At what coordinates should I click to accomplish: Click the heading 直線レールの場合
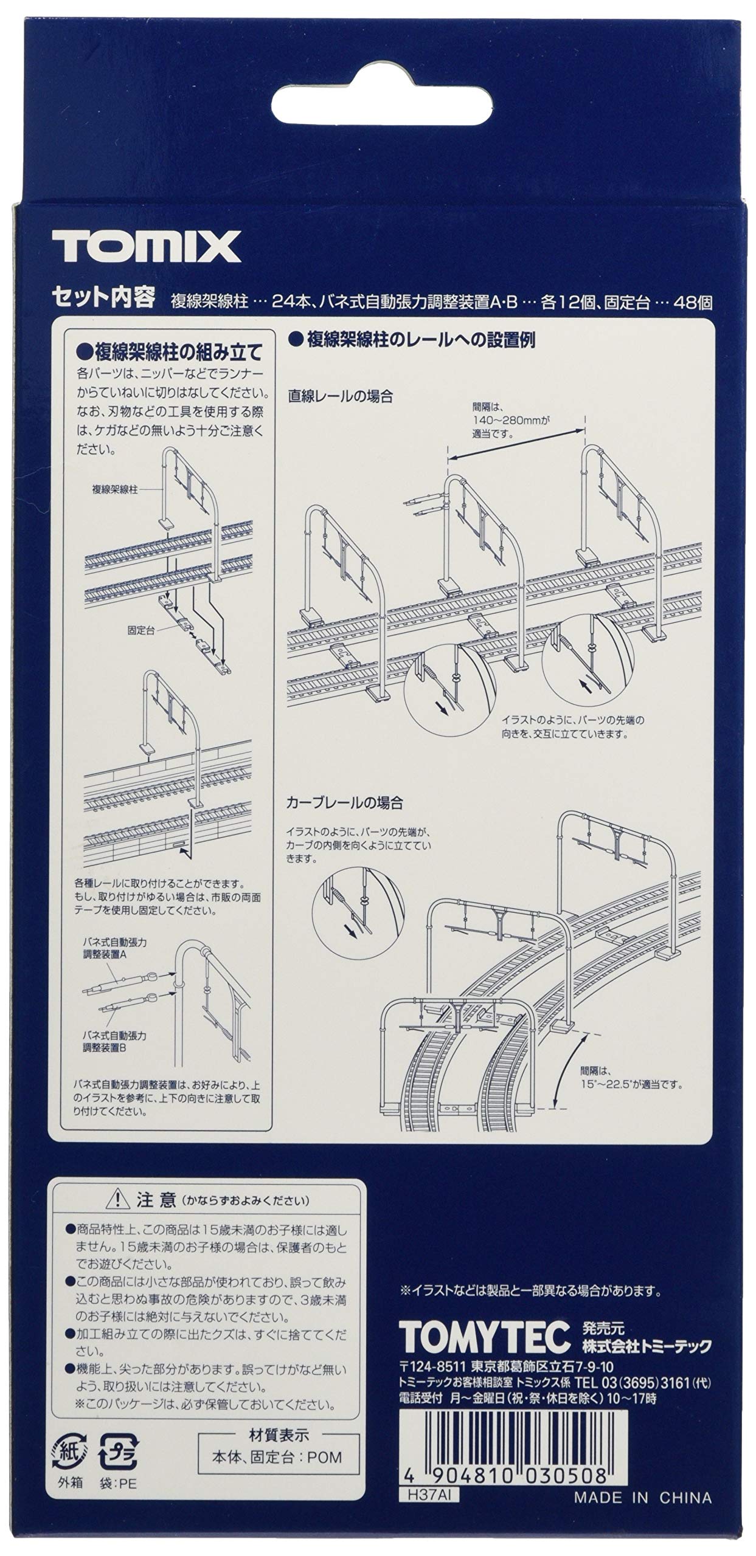(x=341, y=396)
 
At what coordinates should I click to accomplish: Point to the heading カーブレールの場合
(x=345, y=802)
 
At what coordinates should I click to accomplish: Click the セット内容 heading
(x=103, y=298)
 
